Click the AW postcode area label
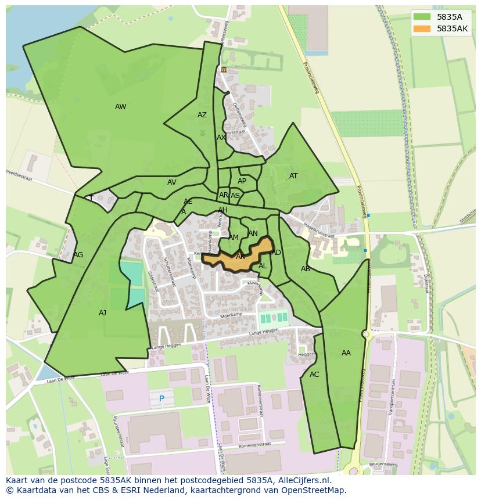coord(120,107)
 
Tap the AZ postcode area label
coord(202,115)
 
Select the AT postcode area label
coord(293,176)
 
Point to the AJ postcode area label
coord(102,313)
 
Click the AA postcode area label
coord(346,353)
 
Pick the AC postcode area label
coord(314,375)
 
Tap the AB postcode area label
coord(306,269)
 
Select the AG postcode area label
coord(78,255)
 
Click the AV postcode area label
coord(172,182)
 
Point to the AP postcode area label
coord(242,181)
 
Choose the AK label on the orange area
coord(240,256)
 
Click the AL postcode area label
coord(263,266)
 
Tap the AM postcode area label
coord(234,238)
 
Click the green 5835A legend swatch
coord(422,16)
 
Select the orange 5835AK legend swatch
coord(422,28)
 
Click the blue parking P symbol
coord(162,398)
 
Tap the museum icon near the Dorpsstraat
coord(224,70)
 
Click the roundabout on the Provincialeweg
coord(366,334)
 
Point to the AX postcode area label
coord(221,138)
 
